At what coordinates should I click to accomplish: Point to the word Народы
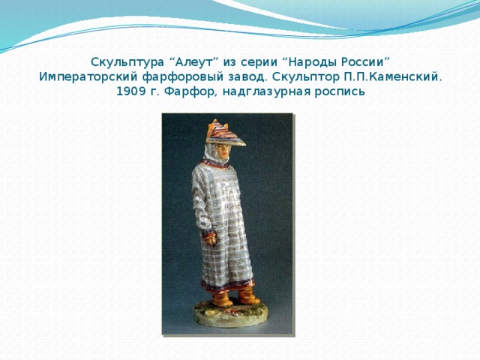click(x=307, y=61)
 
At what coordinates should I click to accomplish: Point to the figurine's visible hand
click(x=211, y=239)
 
